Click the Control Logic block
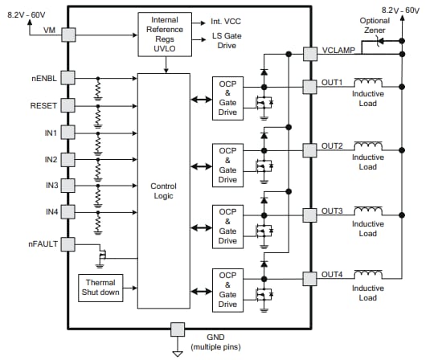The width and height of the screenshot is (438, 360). pyautogui.click(x=163, y=190)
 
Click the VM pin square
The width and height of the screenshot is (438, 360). pyautogui.click(x=68, y=35)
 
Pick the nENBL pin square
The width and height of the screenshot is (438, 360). pyautogui.click(x=68, y=78)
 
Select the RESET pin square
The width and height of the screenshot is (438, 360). pyautogui.click(x=68, y=105)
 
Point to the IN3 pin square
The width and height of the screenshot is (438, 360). pyautogui.click(x=68, y=185)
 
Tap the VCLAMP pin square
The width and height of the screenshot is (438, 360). pyautogui.click(x=310, y=54)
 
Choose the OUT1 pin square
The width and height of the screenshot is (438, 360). pyautogui.click(x=310, y=85)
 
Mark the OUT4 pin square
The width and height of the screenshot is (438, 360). pyautogui.click(x=310, y=278)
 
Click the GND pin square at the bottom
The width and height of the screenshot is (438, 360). pyautogui.click(x=177, y=329)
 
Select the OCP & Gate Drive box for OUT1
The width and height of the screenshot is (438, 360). pyautogui.click(x=227, y=99)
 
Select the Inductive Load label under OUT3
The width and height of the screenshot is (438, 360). pyautogui.click(x=367, y=228)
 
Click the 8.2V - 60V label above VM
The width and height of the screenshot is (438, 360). pyautogui.click(x=27, y=14)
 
